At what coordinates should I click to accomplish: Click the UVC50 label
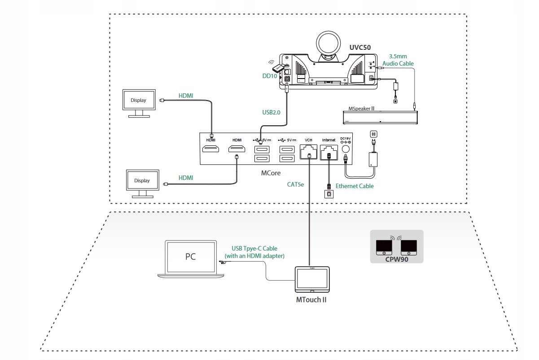360,47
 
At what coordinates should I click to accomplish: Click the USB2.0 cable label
271,112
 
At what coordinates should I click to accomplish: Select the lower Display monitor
142,181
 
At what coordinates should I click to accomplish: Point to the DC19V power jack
346,149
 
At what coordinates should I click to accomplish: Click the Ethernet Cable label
355,186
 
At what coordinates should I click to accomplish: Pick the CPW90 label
396,259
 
